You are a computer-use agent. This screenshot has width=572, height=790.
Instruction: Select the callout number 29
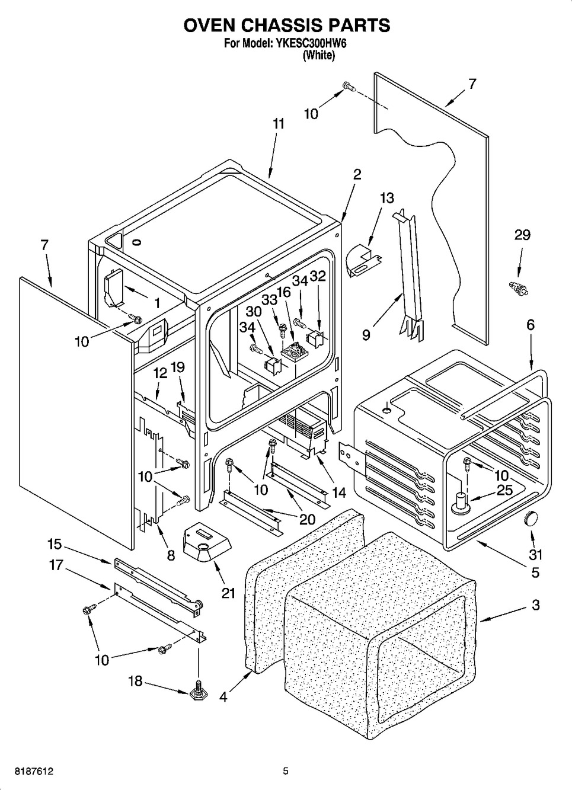[522, 235]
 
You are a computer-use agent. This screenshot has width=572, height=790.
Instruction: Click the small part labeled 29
[519, 288]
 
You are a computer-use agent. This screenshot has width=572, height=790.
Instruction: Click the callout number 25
[504, 490]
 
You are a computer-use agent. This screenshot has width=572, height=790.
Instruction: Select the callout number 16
[284, 292]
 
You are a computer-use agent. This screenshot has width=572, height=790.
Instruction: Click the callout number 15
[55, 544]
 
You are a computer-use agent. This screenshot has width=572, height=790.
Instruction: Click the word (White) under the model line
[319, 55]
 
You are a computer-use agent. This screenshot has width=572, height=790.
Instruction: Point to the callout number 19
[178, 367]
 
